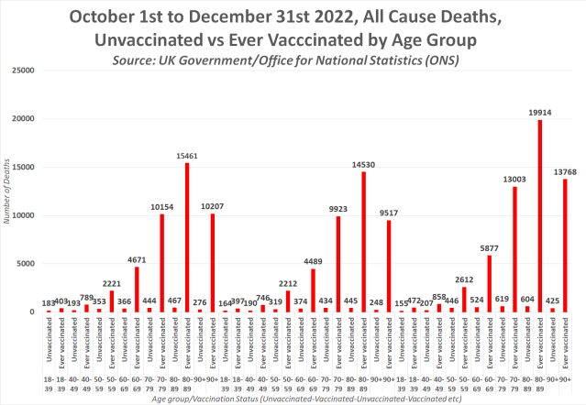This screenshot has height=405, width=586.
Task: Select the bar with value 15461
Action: (187, 237)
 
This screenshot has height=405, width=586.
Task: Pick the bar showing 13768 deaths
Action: (564, 246)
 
